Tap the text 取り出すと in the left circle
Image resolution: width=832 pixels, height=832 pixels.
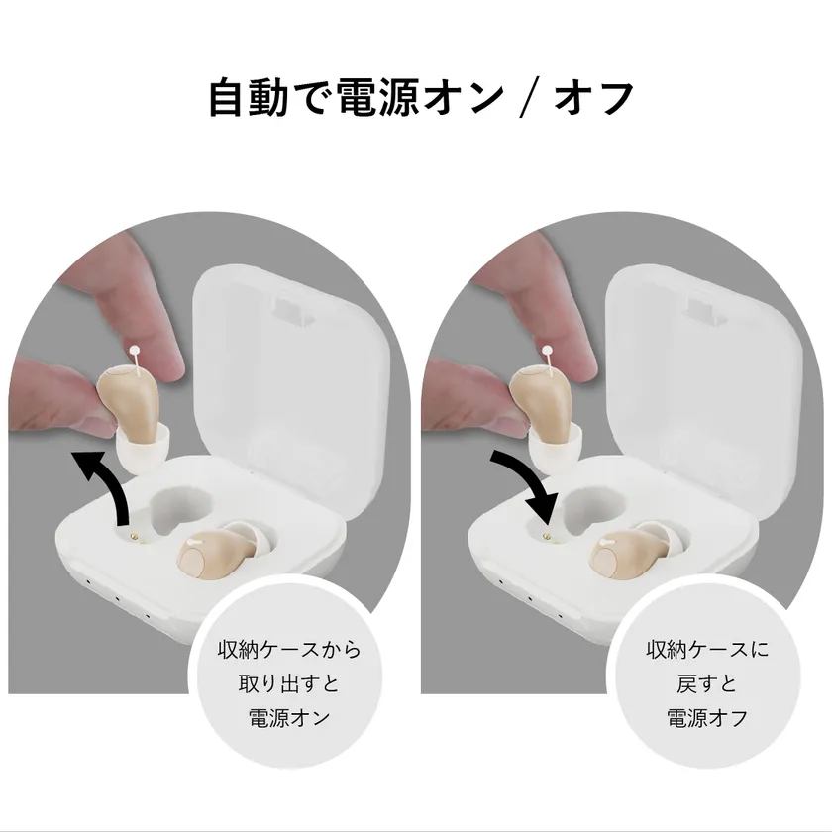(288, 683)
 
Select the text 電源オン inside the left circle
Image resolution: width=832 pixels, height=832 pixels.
(288, 716)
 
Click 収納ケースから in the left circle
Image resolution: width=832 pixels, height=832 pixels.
(288, 651)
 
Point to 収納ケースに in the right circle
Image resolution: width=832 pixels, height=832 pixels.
(707, 651)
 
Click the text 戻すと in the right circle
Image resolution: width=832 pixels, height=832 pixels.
(707, 683)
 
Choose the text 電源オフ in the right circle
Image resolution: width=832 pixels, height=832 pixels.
(707, 716)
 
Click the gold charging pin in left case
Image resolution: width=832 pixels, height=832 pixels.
(133, 534)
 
